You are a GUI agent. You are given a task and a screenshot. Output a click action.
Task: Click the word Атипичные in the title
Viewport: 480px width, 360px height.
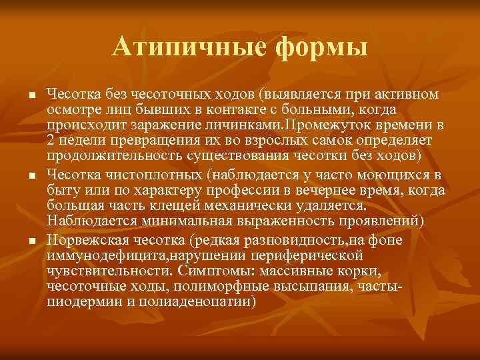click(x=177, y=47)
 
